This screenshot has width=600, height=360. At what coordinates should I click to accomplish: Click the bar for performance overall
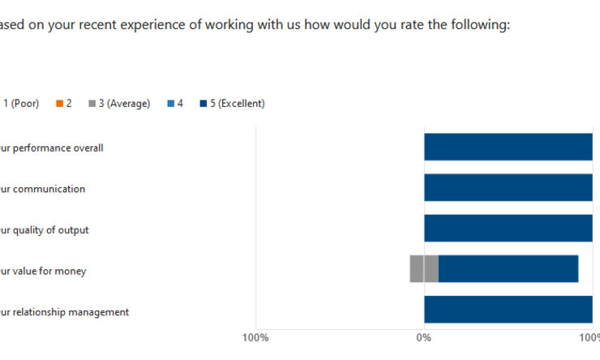[508, 148]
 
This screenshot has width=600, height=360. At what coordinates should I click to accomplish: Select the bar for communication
[508, 188]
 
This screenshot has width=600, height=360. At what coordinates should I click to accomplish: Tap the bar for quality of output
[508, 229]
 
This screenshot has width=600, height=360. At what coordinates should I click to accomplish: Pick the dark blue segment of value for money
[508, 269]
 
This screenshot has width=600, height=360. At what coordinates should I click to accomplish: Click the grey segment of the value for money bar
[424, 269]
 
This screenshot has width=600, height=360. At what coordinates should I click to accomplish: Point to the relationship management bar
[508, 310]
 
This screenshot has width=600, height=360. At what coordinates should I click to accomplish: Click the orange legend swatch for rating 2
[59, 104]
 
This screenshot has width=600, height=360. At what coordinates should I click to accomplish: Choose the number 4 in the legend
[180, 104]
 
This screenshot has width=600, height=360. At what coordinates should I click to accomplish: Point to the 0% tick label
[423, 336]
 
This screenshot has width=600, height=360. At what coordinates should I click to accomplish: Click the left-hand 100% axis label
[255, 336]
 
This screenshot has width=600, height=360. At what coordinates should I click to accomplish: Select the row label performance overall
[52, 148]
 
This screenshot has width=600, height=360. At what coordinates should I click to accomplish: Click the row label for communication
[43, 189]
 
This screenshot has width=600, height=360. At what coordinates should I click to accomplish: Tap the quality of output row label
[45, 230]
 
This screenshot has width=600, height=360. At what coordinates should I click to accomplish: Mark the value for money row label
[43, 271]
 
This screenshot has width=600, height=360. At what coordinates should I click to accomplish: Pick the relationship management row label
[65, 312]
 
